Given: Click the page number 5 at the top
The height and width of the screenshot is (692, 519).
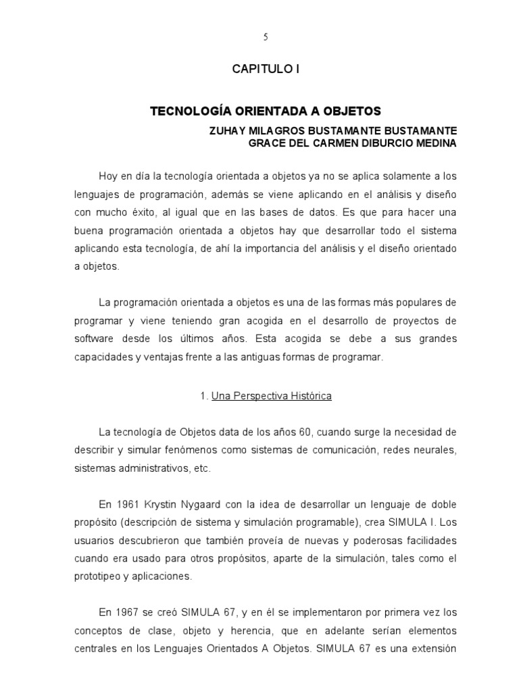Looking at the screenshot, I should [266, 37].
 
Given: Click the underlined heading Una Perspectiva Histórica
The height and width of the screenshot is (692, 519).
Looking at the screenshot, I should [271, 396].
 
